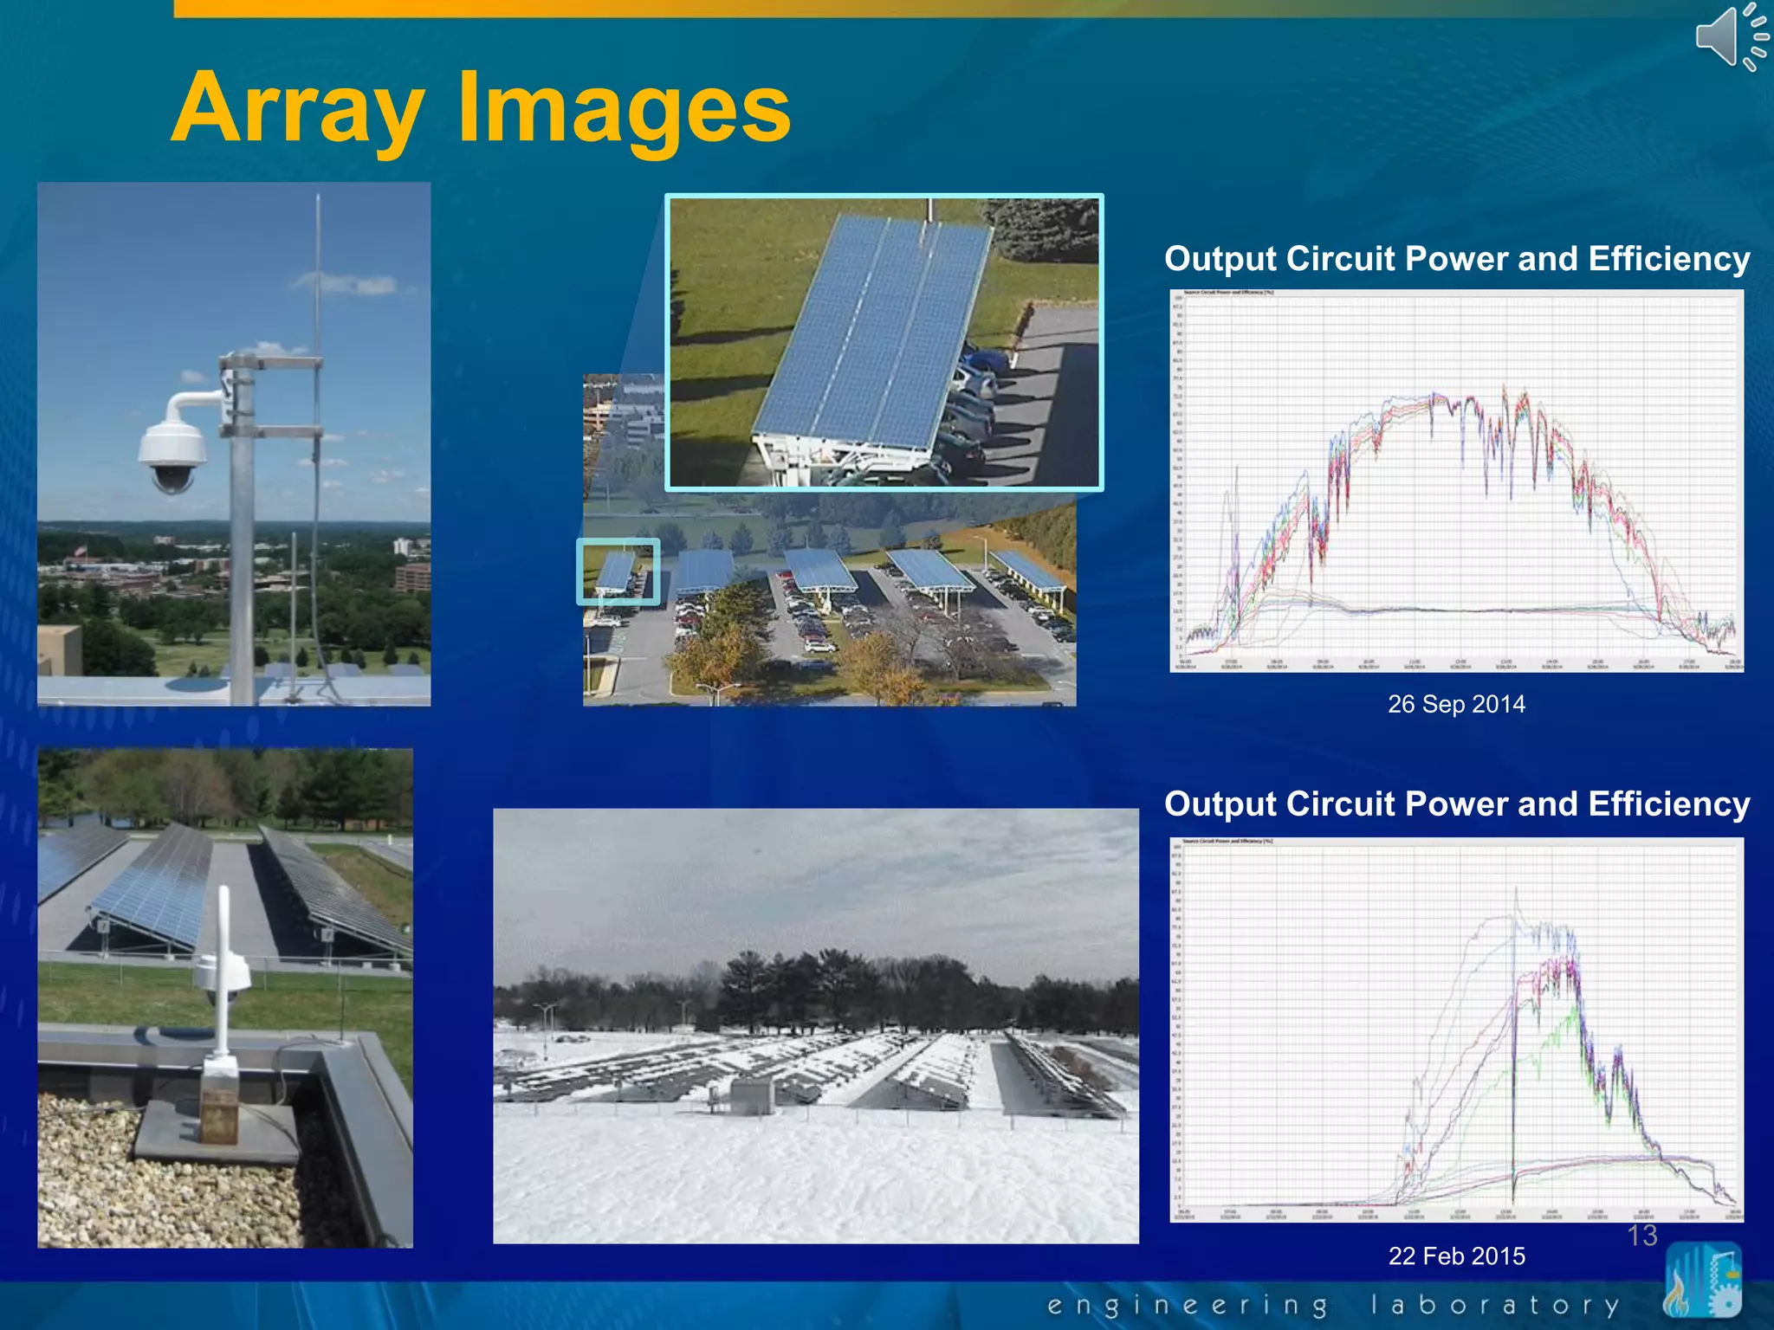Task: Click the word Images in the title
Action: (x=624, y=108)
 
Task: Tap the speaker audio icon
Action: (x=1729, y=36)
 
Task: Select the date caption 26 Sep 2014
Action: (x=1456, y=704)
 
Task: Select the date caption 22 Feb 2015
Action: (x=1456, y=1256)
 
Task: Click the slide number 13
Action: (x=1641, y=1235)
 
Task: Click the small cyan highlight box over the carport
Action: (x=618, y=571)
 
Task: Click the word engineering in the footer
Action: (x=1187, y=1305)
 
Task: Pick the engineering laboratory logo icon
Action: (x=1702, y=1280)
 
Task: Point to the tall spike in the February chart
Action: (x=1516, y=901)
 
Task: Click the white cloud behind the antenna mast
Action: (x=346, y=282)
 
